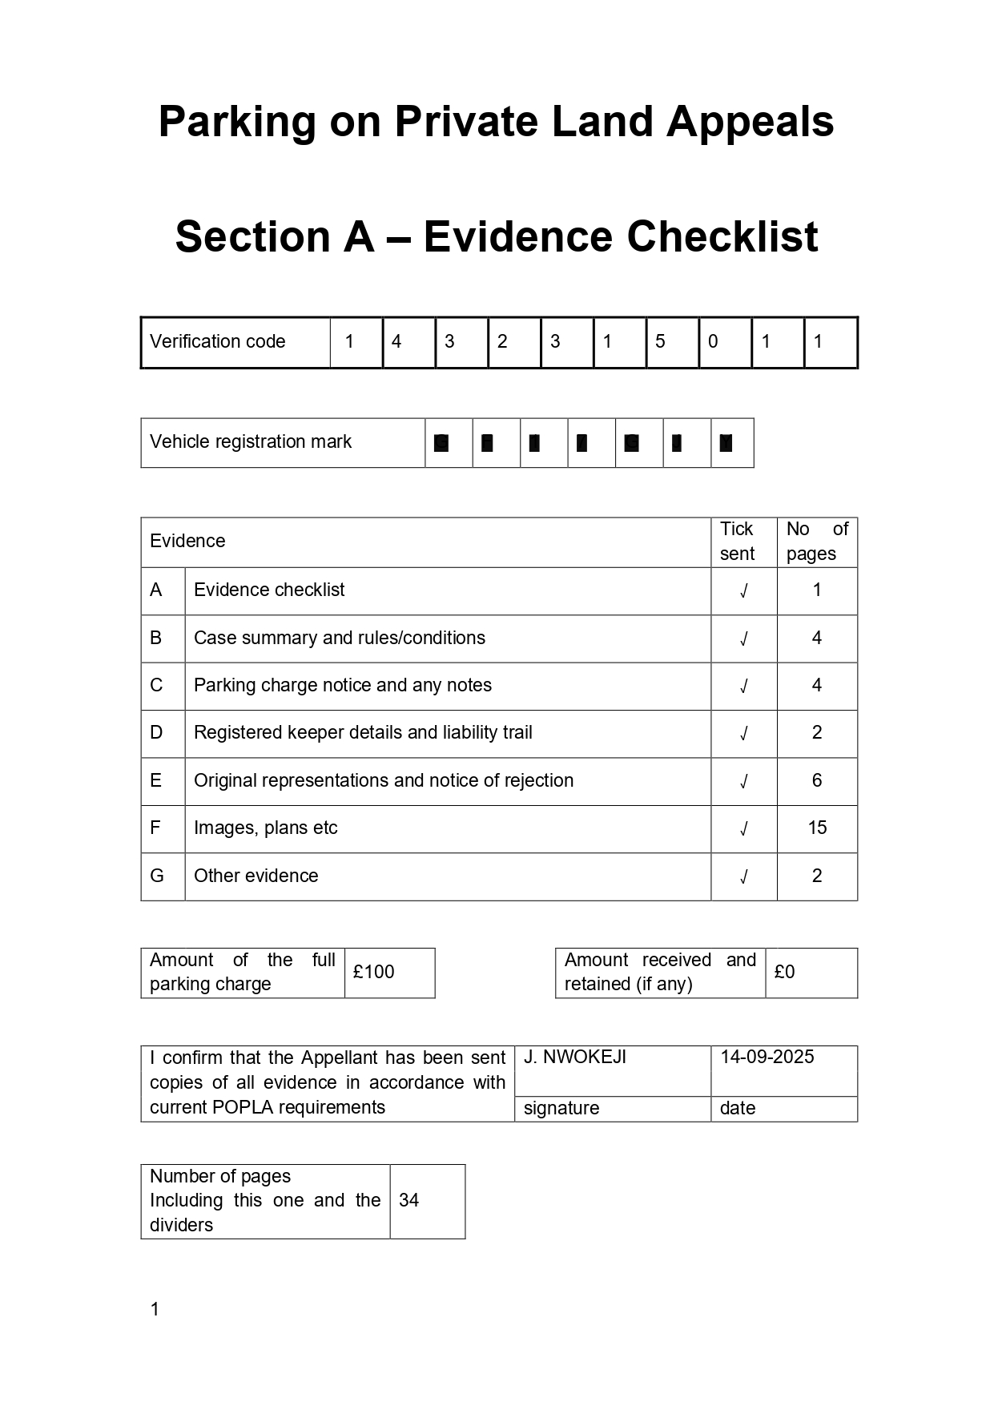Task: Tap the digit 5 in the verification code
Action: tap(660, 342)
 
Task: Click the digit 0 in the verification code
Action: tap(713, 342)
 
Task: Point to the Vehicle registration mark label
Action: tap(251, 442)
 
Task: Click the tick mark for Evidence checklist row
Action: tap(743, 591)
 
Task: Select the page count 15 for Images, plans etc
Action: tap(817, 828)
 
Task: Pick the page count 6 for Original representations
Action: tap(817, 781)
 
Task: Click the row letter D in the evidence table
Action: tap(156, 733)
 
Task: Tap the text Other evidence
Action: tap(256, 876)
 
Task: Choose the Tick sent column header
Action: tap(737, 542)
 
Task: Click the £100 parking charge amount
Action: tap(374, 973)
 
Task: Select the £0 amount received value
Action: tap(785, 973)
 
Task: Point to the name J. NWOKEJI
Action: tap(575, 1058)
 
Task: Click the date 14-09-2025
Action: tap(767, 1058)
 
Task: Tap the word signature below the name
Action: tap(561, 1109)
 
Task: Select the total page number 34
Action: tap(409, 1201)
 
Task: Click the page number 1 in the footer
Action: tap(155, 1310)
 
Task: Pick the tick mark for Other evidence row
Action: tap(743, 877)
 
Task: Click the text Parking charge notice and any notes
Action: tap(343, 686)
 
